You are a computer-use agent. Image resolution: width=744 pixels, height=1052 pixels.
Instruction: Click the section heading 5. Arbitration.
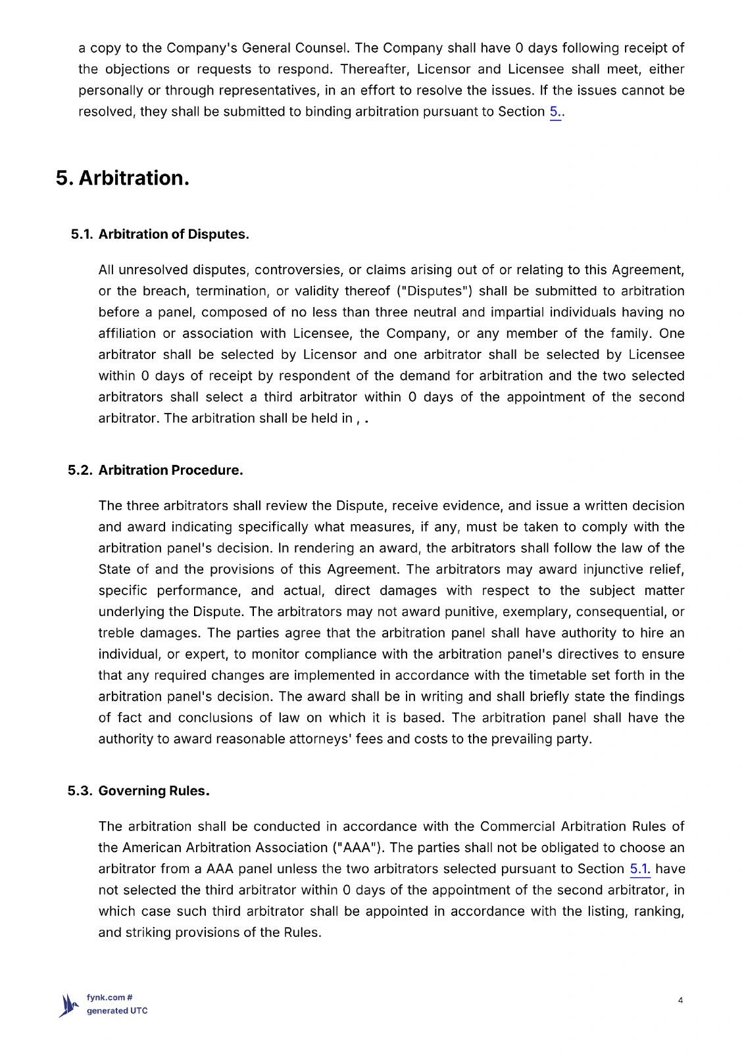[122, 178]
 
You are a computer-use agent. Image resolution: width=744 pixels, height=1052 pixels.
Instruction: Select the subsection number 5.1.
[82, 234]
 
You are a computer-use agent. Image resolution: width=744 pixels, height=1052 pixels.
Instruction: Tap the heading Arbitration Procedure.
[170, 470]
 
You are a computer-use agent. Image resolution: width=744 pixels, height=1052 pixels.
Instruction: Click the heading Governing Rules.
[154, 791]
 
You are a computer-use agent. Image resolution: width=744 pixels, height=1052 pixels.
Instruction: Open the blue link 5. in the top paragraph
[555, 112]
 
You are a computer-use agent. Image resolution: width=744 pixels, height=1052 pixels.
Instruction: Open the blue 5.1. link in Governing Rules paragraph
[639, 869]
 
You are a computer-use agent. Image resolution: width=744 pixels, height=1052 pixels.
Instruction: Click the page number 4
[680, 1001]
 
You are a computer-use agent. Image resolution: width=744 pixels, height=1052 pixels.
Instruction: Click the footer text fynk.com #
[109, 997]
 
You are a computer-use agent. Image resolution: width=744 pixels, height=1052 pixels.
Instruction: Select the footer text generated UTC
[117, 1011]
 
